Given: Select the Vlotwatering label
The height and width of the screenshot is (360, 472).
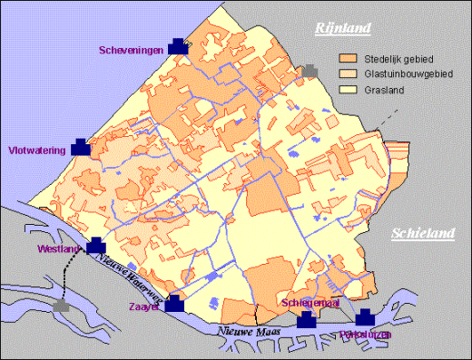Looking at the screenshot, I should pos(36,152).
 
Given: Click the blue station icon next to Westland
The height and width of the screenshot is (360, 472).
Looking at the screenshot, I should pos(95,246).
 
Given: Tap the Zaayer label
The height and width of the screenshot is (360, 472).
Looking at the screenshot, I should pos(146,307).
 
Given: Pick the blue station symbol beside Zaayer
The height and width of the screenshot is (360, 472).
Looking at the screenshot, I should pos(174,304).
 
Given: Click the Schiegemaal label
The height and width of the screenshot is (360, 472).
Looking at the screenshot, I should pos(310,303).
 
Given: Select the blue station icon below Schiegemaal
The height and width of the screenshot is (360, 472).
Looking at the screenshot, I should pos(307,319).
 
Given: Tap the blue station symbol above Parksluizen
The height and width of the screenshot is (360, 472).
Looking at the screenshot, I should pos(365,317).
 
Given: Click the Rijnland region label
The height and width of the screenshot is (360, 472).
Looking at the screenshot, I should pos(342,29).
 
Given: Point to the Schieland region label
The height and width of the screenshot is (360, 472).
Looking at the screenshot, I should pos(422,234).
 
